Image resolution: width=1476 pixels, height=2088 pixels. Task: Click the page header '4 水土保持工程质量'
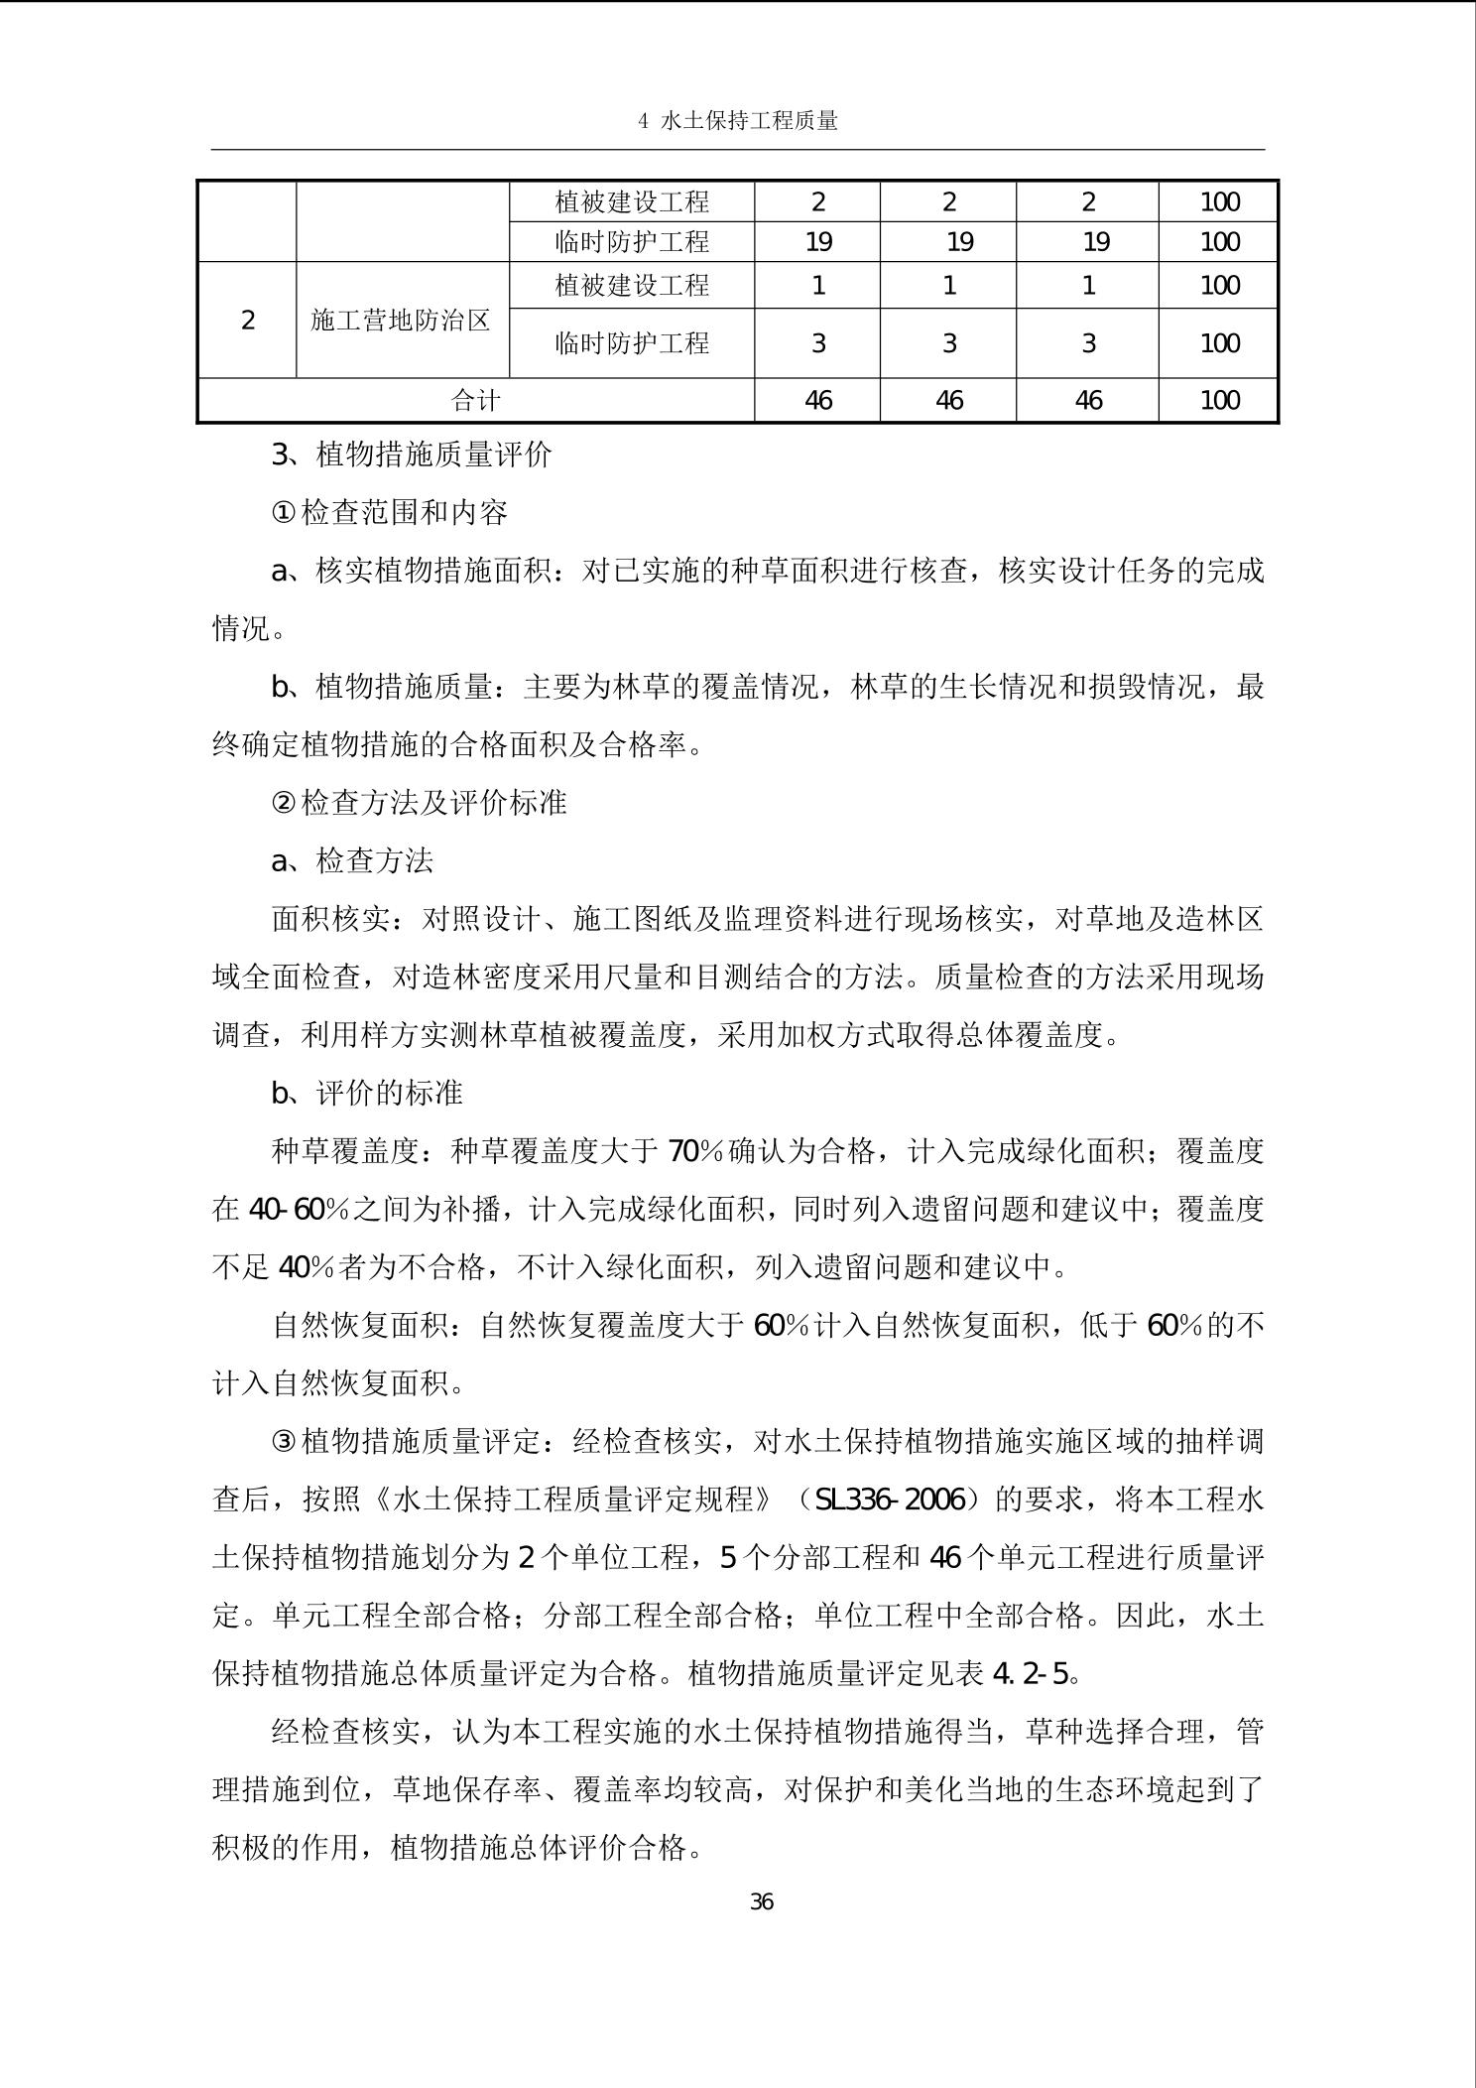pyautogui.click(x=739, y=121)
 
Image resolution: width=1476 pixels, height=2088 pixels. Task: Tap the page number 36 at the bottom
pyautogui.click(x=761, y=1901)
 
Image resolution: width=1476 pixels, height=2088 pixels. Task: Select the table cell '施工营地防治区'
pyautogui.click(x=401, y=320)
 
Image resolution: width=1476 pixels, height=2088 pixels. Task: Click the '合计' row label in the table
pyautogui.click(x=476, y=400)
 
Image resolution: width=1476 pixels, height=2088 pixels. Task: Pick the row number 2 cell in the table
pyautogui.click(x=248, y=320)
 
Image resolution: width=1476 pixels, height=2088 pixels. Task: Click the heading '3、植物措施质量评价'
pyautogui.click(x=412, y=455)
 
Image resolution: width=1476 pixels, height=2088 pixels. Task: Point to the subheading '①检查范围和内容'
pyautogui.click(x=389, y=512)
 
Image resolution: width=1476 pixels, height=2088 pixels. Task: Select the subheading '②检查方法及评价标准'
pyautogui.click(x=419, y=802)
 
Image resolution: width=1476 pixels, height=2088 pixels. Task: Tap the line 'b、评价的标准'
pyautogui.click(x=367, y=1093)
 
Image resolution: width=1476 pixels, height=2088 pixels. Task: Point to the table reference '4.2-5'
pyautogui.click(x=1032, y=1673)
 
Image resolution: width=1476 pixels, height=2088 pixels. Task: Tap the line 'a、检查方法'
pyautogui.click(x=352, y=860)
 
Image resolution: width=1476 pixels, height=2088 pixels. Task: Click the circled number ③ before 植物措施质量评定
pyautogui.click(x=284, y=1441)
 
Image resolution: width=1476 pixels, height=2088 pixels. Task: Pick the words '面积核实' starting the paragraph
pyautogui.click(x=330, y=919)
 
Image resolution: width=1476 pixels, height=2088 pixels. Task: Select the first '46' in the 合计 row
pyautogui.click(x=818, y=400)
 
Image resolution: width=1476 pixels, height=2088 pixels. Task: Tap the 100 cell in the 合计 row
pyautogui.click(x=1219, y=400)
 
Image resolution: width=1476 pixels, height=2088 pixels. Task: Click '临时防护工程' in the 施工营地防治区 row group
pyautogui.click(x=632, y=343)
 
